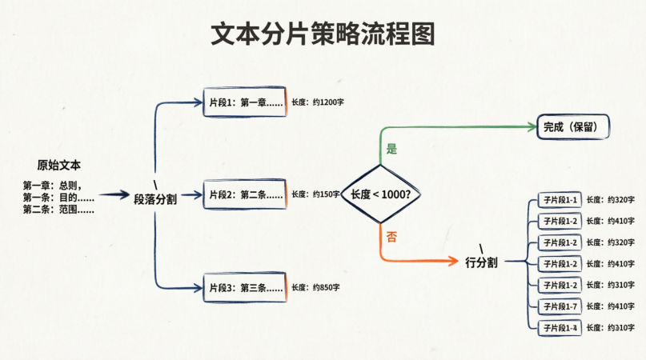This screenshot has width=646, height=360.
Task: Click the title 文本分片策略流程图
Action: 323,35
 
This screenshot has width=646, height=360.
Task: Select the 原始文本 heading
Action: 59,166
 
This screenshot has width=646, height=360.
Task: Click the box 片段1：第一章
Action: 245,103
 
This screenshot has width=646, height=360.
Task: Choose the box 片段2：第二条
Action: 245,194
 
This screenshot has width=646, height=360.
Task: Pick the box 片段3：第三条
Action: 245,287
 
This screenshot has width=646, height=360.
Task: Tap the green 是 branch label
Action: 391,149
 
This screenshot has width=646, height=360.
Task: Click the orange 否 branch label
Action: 391,236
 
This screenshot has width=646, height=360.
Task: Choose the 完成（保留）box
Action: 573,126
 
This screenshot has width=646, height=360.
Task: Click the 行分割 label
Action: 481,262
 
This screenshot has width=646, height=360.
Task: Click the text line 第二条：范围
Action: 58,210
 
